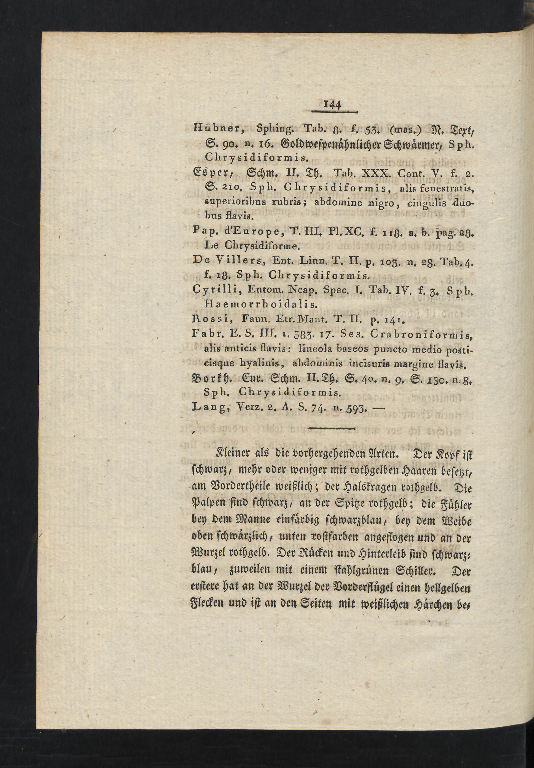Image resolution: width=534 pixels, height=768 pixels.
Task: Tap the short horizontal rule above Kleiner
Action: tap(331, 428)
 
